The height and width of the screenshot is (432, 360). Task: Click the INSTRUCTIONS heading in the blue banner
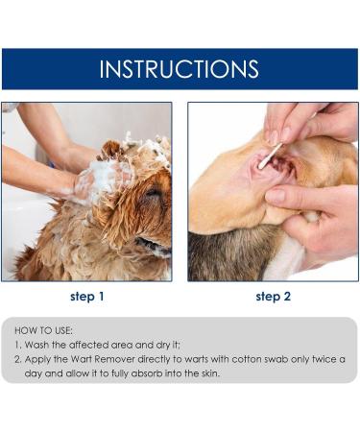pos(180,69)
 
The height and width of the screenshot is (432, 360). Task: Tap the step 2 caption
pos(273,297)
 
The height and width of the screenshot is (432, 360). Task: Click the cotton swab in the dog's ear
pos(270,155)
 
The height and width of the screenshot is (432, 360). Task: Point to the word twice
pos(325,359)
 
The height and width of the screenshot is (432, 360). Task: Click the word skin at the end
pos(204,373)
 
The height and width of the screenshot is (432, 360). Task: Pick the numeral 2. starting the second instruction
pos(18,359)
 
